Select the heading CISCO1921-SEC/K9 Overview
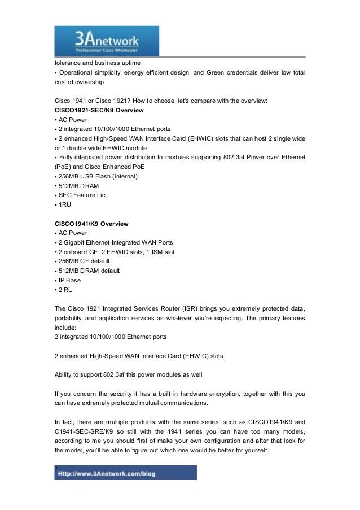coord(99,109)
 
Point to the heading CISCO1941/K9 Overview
coord(91,223)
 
